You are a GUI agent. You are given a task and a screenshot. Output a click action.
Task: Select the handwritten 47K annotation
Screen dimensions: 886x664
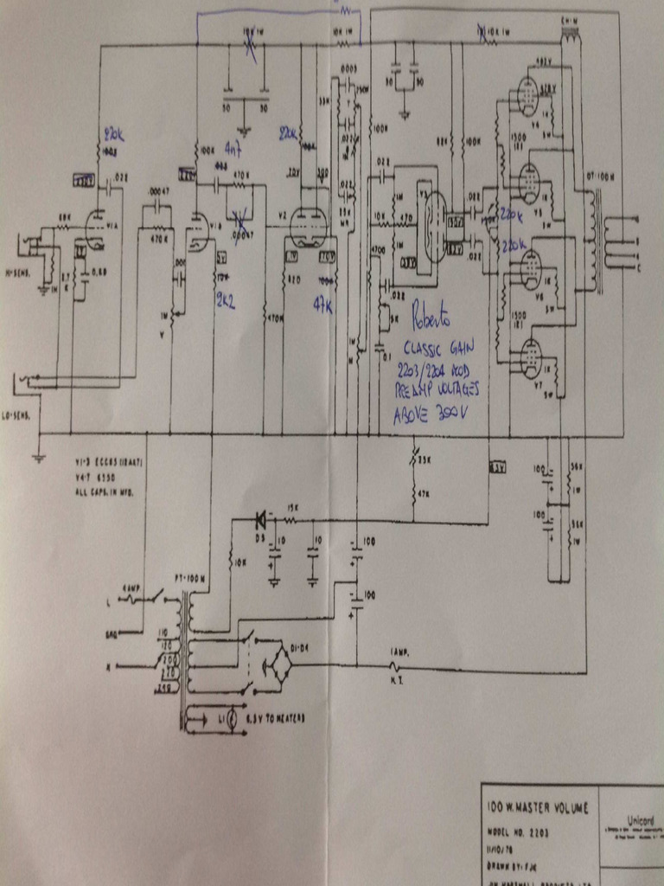click(322, 305)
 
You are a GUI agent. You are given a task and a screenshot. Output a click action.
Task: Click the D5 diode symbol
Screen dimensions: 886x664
click(259, 520)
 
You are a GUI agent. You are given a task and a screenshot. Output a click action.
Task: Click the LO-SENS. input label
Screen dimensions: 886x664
click(18, 416)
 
